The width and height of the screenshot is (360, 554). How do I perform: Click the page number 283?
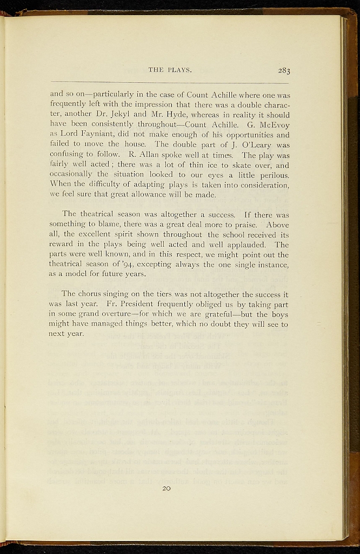pos(284,70)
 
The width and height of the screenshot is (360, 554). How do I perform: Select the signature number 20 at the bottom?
pos(166,489)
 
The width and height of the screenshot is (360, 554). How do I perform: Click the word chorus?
pos(92,294)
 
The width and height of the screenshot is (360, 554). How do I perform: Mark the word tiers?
pos(153,294)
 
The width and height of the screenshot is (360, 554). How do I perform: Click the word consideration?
pos(259,184)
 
